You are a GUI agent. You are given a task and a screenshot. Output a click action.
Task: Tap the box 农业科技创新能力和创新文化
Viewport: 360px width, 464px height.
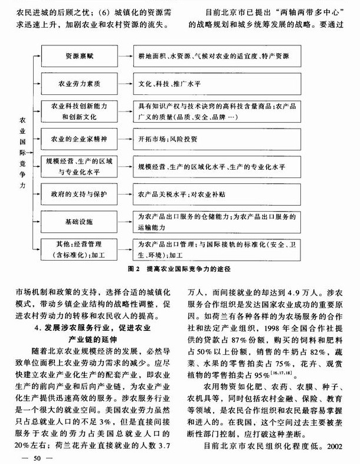[x=78, y=111]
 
